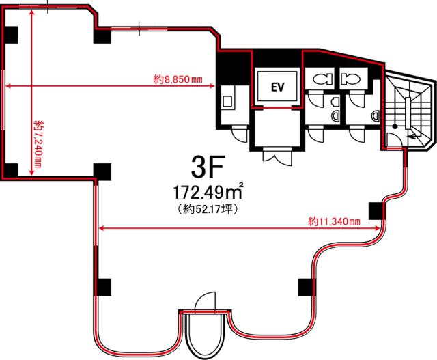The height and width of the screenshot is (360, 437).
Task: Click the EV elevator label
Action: point(278,87)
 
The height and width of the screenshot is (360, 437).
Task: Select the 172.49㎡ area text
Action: point(208,192)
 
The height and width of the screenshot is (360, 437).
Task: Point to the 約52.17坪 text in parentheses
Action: point(208,209)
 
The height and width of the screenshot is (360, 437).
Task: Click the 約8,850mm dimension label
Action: point(178,79)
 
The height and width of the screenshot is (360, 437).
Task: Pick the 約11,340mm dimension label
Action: point(334,222)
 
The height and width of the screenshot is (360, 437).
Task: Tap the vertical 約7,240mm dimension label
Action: point(38,144)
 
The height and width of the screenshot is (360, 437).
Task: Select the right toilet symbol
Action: point(350,79)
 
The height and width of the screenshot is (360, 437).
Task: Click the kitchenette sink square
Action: point(227,101)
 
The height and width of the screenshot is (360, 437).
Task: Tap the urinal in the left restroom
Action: point(335,102)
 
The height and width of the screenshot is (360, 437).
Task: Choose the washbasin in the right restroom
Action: point(376,115)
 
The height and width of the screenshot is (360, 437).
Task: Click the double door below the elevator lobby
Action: point(278,157)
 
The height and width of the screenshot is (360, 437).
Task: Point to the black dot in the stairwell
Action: point(395,126)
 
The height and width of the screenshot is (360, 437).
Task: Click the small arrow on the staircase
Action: point(413,137)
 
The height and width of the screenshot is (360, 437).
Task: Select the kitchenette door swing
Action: point(240,135)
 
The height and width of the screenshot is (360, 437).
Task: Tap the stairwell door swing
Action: point(395,139)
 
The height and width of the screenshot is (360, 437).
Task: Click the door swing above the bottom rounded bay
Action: point(206,301)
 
